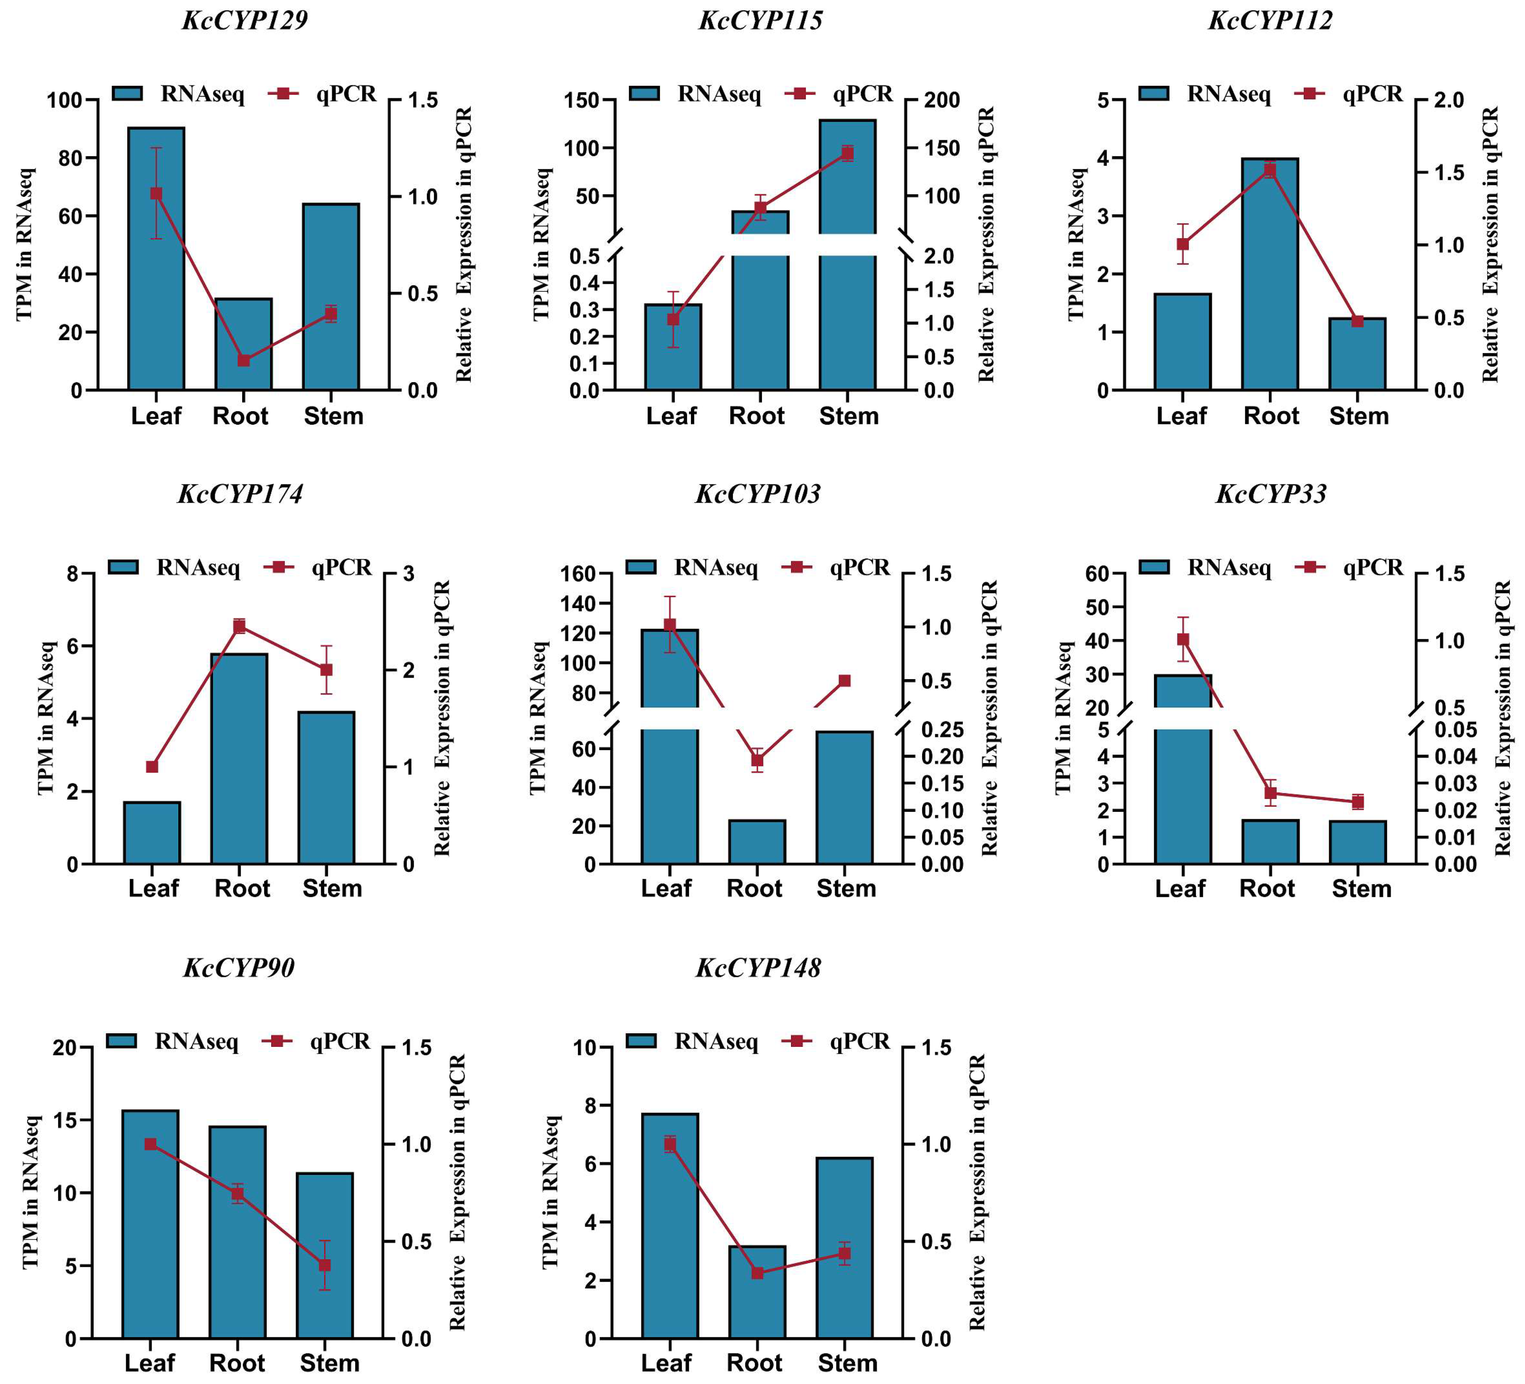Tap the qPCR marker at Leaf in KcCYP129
[x=156, y=194]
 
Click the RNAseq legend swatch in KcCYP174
[x=123, y=567]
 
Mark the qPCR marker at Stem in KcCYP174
[x=326, y=670]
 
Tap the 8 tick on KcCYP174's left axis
[x=73, y=574]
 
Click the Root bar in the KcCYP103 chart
[x=756, y=841]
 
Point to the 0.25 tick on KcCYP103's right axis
[x=942, y=729]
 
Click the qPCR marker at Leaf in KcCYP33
[x=1183, y=639]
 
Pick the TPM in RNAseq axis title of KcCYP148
[x=550, y=1192]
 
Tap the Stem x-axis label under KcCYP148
[x=847, y=1363]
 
